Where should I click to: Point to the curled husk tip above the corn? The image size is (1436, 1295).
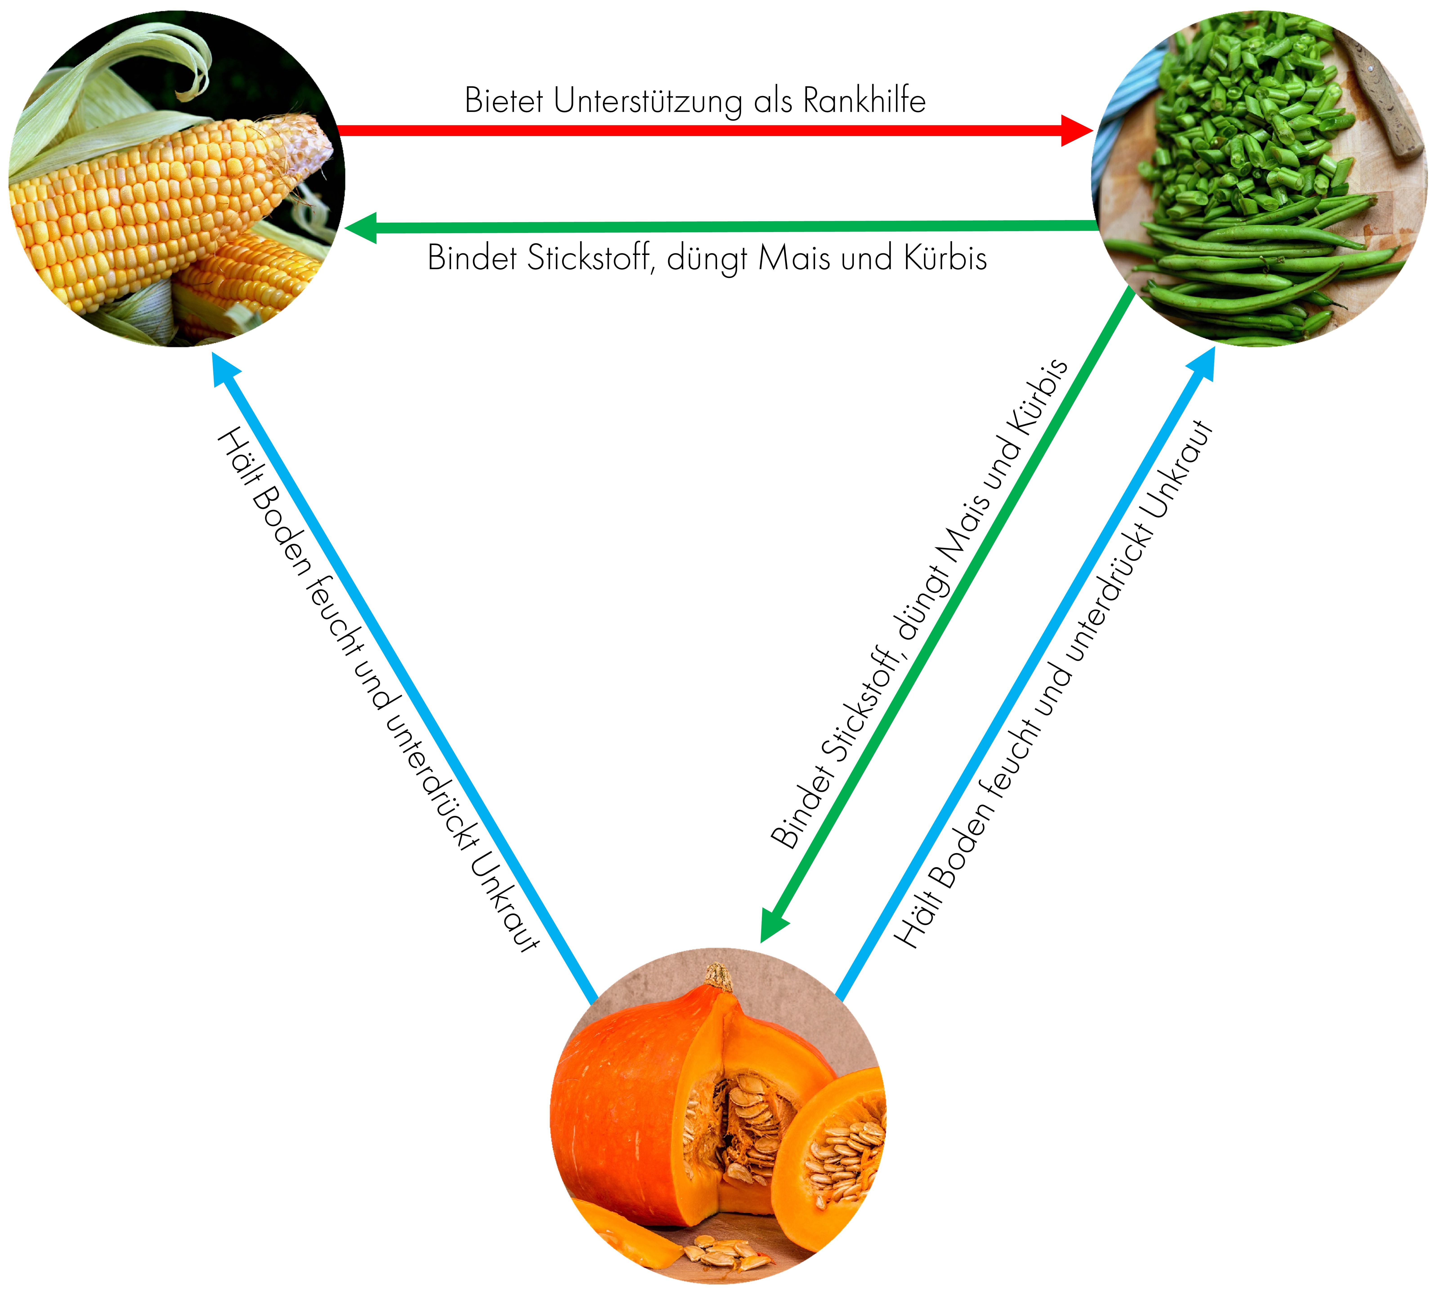(192, 64)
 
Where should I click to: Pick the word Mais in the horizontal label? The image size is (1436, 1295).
(793, 258)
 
